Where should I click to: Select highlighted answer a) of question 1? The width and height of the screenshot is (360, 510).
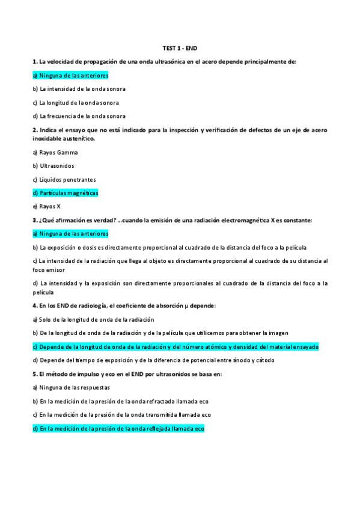tap(70, 75)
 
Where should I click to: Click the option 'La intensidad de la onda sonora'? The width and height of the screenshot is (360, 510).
tap(79, 89)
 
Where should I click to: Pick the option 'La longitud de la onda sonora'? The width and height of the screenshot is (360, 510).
tap(76, 103)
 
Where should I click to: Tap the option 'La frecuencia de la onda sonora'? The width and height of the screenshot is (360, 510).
tap(79, 116)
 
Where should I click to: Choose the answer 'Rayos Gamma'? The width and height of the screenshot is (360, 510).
tap(55, 152)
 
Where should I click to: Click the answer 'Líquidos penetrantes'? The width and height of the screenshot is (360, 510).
tap(64, 179)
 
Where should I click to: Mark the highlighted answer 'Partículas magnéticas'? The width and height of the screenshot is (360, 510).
tap(65, 193)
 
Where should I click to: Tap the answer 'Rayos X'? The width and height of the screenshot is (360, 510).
tap(46, 206)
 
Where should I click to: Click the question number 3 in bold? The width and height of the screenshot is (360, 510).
tap(35, 220)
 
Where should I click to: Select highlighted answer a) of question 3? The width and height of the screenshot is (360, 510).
tap(70, 233)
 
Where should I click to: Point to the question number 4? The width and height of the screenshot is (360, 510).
tap(35, 306)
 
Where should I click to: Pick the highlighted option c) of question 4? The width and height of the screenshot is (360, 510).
tap(175, 347)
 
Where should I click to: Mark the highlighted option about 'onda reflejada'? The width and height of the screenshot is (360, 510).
tap(119, 429)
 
